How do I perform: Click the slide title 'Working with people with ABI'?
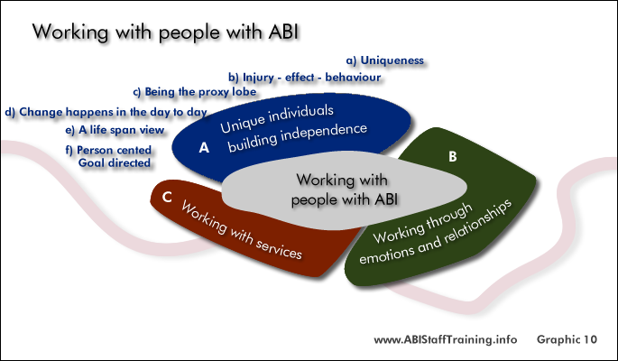coord(165,32)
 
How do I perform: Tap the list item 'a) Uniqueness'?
coord(384,60)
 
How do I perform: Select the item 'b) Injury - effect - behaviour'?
coord(304,77)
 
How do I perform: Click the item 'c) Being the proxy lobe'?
coord(195,92)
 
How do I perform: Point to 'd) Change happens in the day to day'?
coord(106,112)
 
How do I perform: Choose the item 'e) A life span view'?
coord(115,130)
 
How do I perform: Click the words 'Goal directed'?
coord(115,162)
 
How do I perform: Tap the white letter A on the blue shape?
coord(204,147)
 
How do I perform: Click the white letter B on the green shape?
coord(453,156)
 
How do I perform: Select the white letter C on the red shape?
coord(167,197)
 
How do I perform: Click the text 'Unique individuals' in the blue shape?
coord(277,118)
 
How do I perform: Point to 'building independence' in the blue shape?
coord(298,137)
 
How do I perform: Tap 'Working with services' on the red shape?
coord(242,230)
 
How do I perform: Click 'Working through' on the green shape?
coord(423,223)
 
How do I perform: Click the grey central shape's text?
coord(344,190)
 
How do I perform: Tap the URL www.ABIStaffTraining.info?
coord(446,339)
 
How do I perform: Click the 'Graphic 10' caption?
coord(567,339)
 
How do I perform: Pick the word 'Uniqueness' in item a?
coord(392,60)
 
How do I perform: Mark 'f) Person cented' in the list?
coord(108,150)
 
